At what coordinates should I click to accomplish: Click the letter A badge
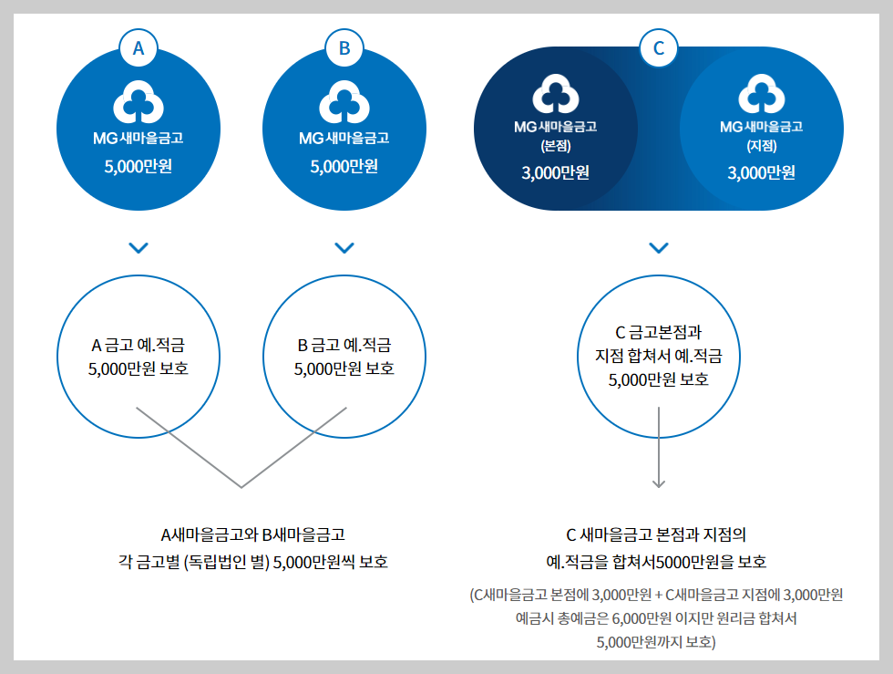tap(139, 49)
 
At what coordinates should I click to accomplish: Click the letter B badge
tap(344, 49)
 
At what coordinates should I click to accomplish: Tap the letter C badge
tap(659, 49)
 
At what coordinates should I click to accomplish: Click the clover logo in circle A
tap(139, 102)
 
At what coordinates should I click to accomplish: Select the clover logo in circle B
tap(344, 102)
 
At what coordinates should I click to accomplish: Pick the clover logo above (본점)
tap(556, 94)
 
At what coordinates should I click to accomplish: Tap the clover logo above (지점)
tap(761, 94)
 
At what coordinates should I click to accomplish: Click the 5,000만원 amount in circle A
tap(139, 167)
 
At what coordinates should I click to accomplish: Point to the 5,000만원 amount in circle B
tap(344, 167)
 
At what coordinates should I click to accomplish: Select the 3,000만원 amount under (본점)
tap(556, 173)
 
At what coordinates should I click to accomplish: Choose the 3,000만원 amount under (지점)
tap(761, 173)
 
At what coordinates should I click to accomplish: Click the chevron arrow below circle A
tap(139, 247)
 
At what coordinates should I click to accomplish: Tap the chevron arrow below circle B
tap(344, 247)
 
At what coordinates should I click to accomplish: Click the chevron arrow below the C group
tap(659, 247)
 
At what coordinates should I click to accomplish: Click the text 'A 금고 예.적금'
tap(139, 345)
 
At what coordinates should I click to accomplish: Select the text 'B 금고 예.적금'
tap(344, 345)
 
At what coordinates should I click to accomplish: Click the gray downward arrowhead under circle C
tap(659, 483)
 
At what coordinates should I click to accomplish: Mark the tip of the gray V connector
tap(241, 487)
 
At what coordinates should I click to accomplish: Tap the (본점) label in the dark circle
tap(556, 145)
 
